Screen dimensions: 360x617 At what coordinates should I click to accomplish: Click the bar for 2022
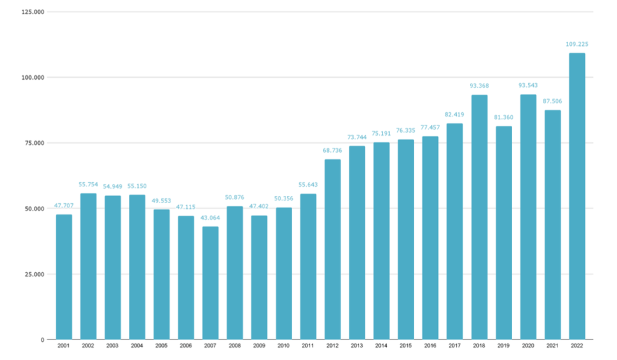click(x=577, y=196)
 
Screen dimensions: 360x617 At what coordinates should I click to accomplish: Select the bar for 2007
click(x=210, y=283)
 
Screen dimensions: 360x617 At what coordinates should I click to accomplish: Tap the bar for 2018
click(x=479, y=217)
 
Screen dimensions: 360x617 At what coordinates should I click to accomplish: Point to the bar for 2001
click(x=64, y=277)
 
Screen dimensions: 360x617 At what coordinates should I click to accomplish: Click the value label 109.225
click(x=577, y=44)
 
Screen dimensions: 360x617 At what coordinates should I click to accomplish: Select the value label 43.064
click(x=210, y=218)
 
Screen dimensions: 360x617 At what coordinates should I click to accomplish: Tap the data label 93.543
click(x=528, y=86)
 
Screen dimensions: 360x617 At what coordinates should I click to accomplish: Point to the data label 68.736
click(x=333, y=150)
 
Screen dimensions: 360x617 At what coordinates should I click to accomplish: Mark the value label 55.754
click(x=88, y=185)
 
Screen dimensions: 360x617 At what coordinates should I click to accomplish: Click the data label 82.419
click(x=455, y=115)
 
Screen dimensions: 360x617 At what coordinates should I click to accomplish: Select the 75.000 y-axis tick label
click(x=34, y=143)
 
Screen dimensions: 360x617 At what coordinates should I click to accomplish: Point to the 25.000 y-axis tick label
click(x=34, y=274)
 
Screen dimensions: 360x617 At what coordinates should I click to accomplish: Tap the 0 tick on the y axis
click(x=43, y=339)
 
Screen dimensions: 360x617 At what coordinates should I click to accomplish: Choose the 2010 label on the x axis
click(x=284, y=347)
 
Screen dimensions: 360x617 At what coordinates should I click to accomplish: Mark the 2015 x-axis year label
click(x=406, y=347)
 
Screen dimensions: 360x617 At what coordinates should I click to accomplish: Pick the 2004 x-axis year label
click(x=137, y=347)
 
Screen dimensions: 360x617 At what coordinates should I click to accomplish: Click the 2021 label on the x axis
click(x=553, y=347)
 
